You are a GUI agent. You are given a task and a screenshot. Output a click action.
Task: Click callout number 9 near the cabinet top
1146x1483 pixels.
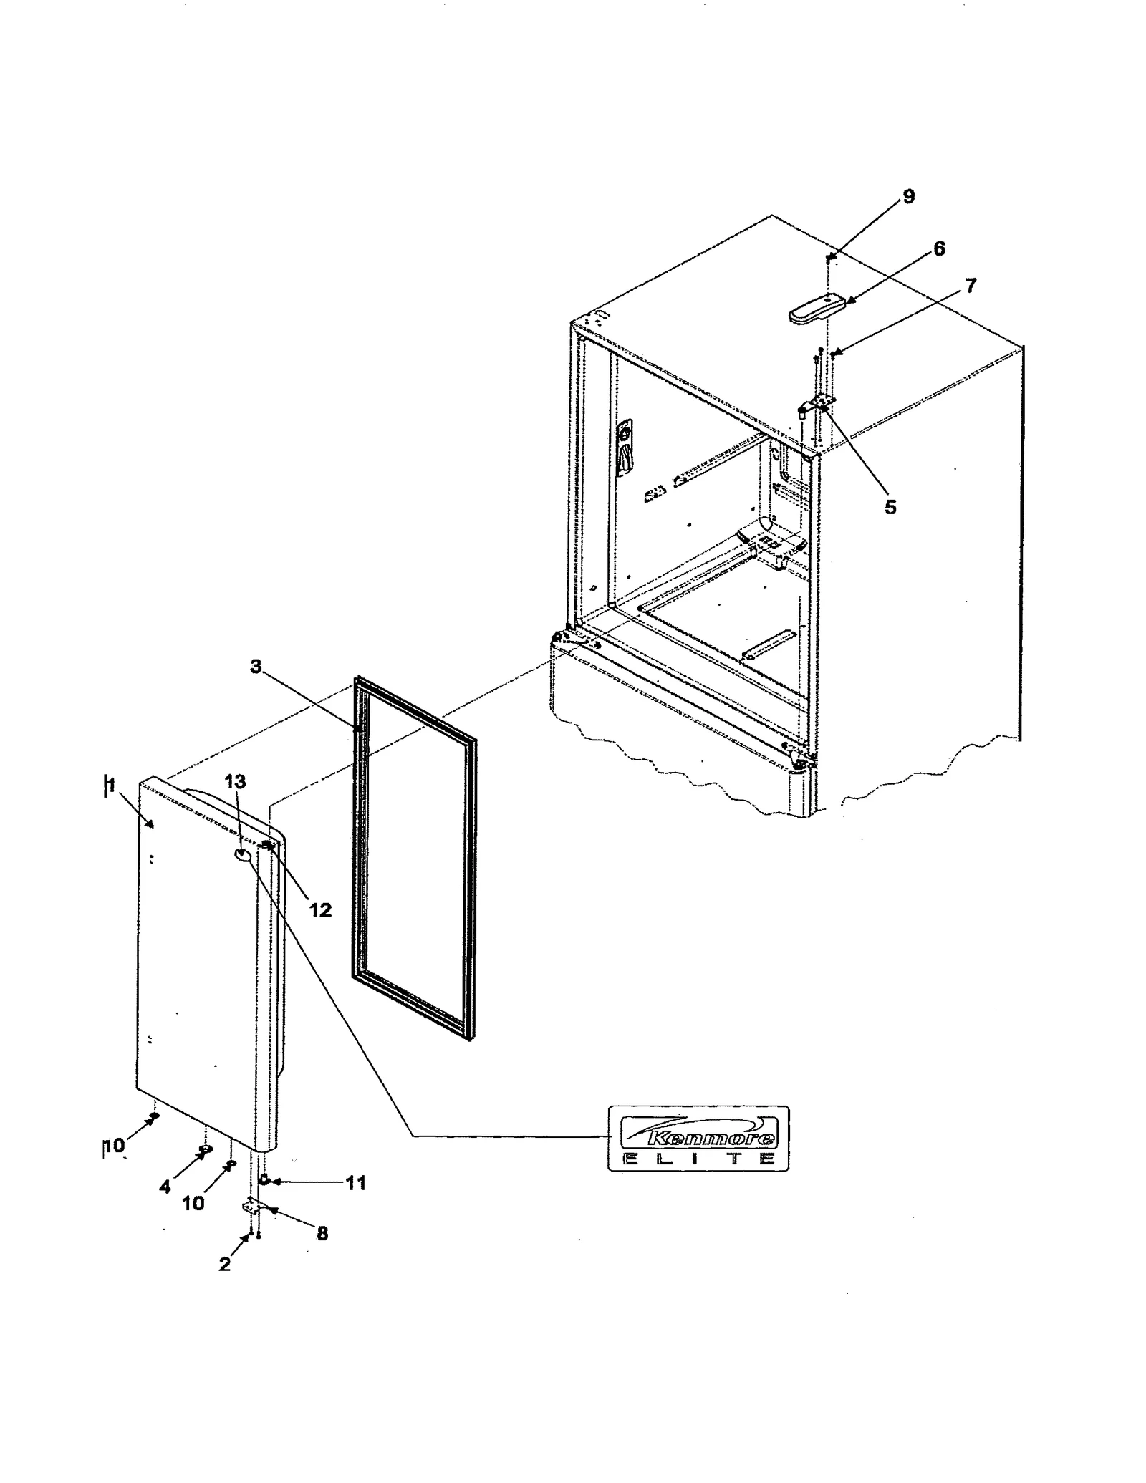(x=908, y=197)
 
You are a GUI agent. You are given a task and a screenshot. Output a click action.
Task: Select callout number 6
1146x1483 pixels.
(x=938, y=248)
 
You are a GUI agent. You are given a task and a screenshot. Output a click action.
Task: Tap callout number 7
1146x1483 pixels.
(x=970, y=286)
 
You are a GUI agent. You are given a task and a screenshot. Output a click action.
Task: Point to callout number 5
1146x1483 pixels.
(x=890, y=507)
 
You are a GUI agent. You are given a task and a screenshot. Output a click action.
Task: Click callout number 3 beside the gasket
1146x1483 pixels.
(x=256, y=667)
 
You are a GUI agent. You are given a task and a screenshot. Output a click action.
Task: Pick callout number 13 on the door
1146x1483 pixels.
(x=235, y=781)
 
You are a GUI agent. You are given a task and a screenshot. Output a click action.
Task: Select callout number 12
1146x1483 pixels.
(x=320, y=909)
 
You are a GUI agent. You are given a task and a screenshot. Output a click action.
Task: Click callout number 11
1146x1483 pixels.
(x=355, y=1182)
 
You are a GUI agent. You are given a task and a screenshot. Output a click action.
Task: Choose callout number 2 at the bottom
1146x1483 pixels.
(x=225, y=1264)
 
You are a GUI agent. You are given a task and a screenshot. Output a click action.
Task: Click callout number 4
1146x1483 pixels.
(x=165, y=1187)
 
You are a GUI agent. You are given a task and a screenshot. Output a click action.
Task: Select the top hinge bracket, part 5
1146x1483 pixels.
(x=817, y=407)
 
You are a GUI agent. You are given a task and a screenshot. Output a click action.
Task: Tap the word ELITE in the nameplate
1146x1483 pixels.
(x=698, y=1159)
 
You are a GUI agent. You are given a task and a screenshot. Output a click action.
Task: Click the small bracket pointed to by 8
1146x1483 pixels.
(x=252, y=1207)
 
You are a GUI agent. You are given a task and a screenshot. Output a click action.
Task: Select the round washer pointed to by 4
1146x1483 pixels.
(x=205, y=1149)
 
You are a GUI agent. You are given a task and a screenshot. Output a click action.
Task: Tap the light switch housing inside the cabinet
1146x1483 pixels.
(x=625, y=448)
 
